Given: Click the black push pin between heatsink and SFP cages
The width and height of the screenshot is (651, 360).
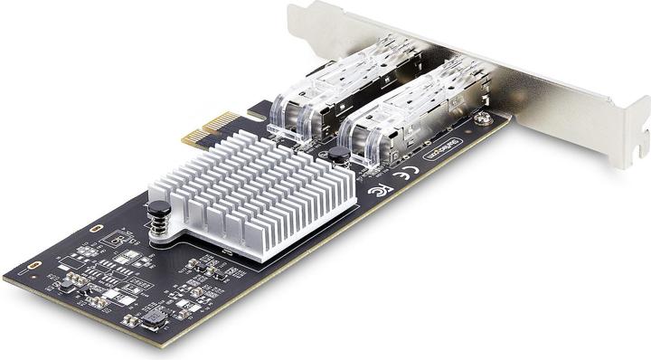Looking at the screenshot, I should (x=338, y=156).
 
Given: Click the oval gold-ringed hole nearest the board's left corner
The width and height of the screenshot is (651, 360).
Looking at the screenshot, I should (x=34, y=264).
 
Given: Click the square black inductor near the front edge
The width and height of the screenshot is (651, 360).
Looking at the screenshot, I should (x=154, y=317).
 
